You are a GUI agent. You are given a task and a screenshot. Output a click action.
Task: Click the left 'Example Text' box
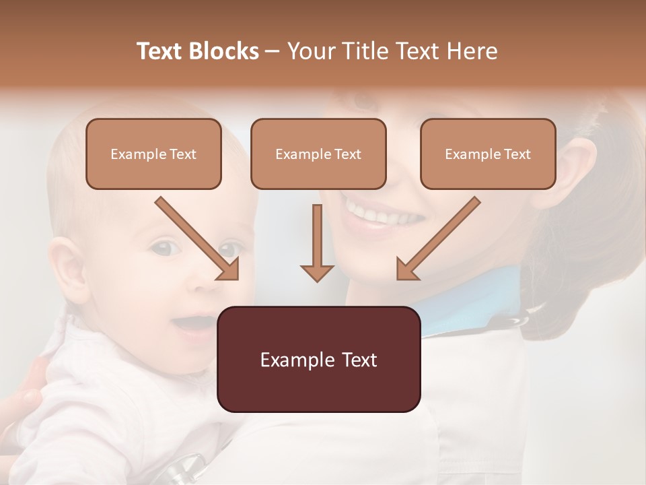(153, 154)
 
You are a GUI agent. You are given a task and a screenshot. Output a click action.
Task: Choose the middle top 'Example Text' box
(318, 154)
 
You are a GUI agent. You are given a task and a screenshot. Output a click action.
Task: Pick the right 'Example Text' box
(488, 154)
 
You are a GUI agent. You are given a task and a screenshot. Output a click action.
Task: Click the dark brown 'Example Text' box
(318, 359)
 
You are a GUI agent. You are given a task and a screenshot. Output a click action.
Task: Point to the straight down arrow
(317, 243)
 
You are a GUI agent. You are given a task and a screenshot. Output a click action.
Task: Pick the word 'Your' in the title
(310, 51)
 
